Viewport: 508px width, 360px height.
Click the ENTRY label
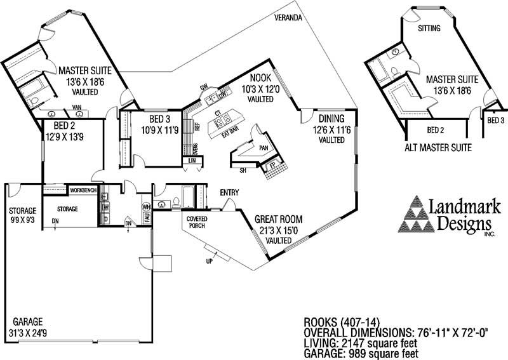(229, 192)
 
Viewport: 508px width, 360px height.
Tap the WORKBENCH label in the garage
(83, 190)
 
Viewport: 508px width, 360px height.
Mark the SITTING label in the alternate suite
(431, 29)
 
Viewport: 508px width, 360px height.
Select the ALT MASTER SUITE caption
(438, 148)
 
